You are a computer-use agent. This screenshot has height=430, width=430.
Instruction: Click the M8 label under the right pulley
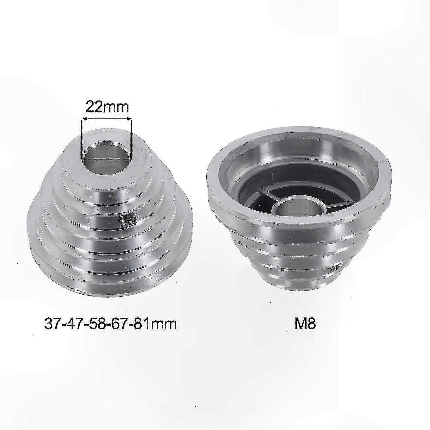point(305,324)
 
